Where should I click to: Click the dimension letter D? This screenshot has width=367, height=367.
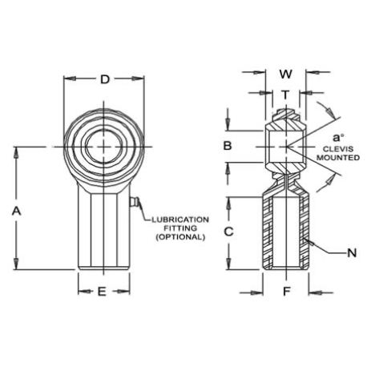(105, 79)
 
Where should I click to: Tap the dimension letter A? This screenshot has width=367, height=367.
(16, 212)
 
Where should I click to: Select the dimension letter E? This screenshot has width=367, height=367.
(102, 292)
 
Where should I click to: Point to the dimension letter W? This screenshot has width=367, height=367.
(285, 74)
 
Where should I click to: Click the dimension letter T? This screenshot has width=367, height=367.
(285, 95)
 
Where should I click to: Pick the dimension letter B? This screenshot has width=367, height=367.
(228, 146)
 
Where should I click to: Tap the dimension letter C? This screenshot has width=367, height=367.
(228, 232)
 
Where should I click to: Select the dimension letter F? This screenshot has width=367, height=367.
(286, 292)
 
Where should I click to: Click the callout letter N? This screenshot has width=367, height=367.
(352, 252)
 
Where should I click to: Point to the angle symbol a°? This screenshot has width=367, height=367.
(338, 138)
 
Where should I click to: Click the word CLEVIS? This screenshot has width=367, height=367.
(338, 149)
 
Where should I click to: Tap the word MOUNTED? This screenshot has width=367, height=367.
(338, 158)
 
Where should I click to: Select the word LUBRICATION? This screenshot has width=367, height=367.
(180, 220)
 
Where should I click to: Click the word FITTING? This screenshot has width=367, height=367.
(180, 228)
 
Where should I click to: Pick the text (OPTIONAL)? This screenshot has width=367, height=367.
(180, 237)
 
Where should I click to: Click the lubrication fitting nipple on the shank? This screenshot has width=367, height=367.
(133, 202)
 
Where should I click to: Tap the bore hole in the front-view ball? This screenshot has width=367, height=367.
(103, 147)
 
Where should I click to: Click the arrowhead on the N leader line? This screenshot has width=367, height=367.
(307, 240)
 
